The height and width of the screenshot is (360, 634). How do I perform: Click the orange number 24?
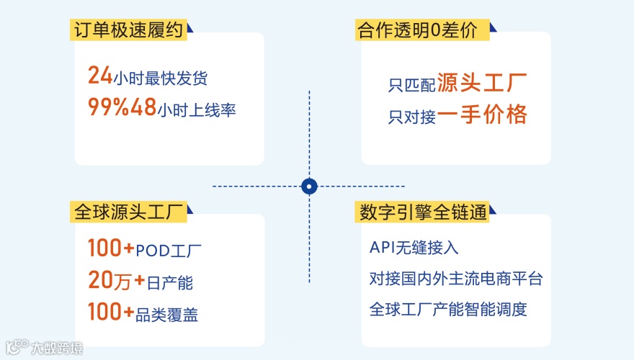(x=99, y=75)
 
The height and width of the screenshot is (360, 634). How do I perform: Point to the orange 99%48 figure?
(x=122, y=107)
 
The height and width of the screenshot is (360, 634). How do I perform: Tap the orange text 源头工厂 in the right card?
(x=483, y=83)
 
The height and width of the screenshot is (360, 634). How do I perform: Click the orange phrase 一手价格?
(x=483, y=114)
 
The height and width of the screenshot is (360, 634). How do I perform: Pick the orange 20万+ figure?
(x=111, y=281)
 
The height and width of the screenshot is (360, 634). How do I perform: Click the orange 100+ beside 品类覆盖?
(x=111, y=312)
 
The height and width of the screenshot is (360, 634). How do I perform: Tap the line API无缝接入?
(x=414, y=248)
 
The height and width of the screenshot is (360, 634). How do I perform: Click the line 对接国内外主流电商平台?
(x=455, y=279)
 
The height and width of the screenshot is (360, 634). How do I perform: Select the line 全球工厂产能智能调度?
(x=448, y=310)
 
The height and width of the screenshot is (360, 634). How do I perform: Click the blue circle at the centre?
(x=309, y=186)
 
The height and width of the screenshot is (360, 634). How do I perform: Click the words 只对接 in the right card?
(x=411, y=117)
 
